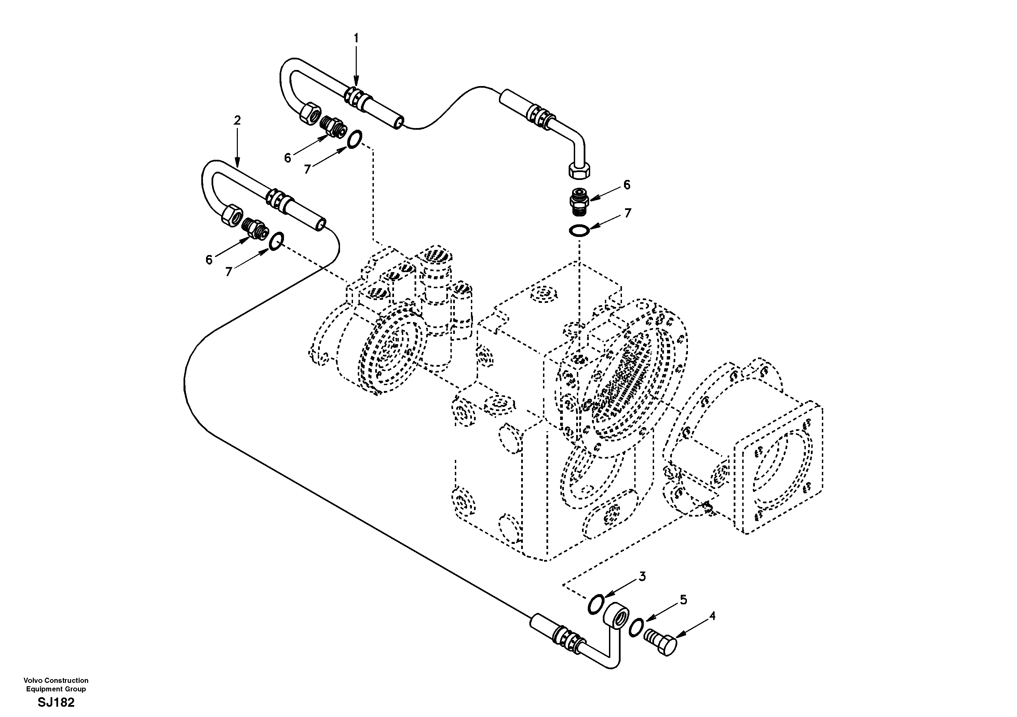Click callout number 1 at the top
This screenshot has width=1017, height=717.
tap(356, 39)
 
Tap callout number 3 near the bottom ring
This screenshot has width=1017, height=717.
tap(642, 576)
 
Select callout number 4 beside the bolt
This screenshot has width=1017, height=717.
tap(712, 616)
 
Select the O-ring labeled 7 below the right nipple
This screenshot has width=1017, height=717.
tap(579, 230)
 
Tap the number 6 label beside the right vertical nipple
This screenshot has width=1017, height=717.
tap(626, 185)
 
